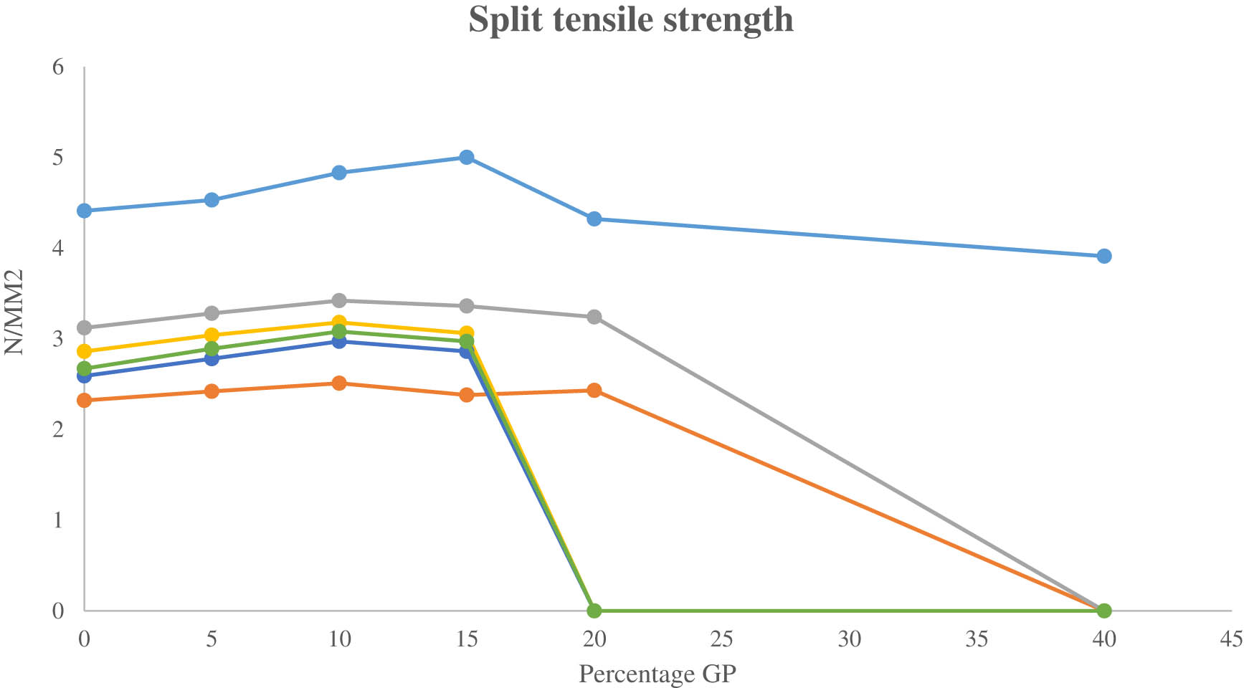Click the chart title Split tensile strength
(631, 20)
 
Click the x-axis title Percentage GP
(657, 674)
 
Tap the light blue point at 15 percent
(467, 157)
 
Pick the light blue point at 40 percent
(1104, 256)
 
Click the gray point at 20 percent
(594, 317)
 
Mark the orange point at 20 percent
(594, 390)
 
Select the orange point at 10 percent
(339, 383)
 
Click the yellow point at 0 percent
(84, 351)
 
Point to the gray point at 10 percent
(339, 300)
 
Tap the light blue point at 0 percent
(84, 211)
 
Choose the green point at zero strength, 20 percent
(594, 611)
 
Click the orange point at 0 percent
(84, 400)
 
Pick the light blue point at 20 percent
(594, 219)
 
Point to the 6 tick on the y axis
(57, 67)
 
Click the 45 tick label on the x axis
(1231, 639)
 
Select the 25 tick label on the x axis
(721, 639)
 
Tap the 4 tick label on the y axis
(57, 249)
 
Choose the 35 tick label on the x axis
(977, 639)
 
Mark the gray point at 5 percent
(212, 313)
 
